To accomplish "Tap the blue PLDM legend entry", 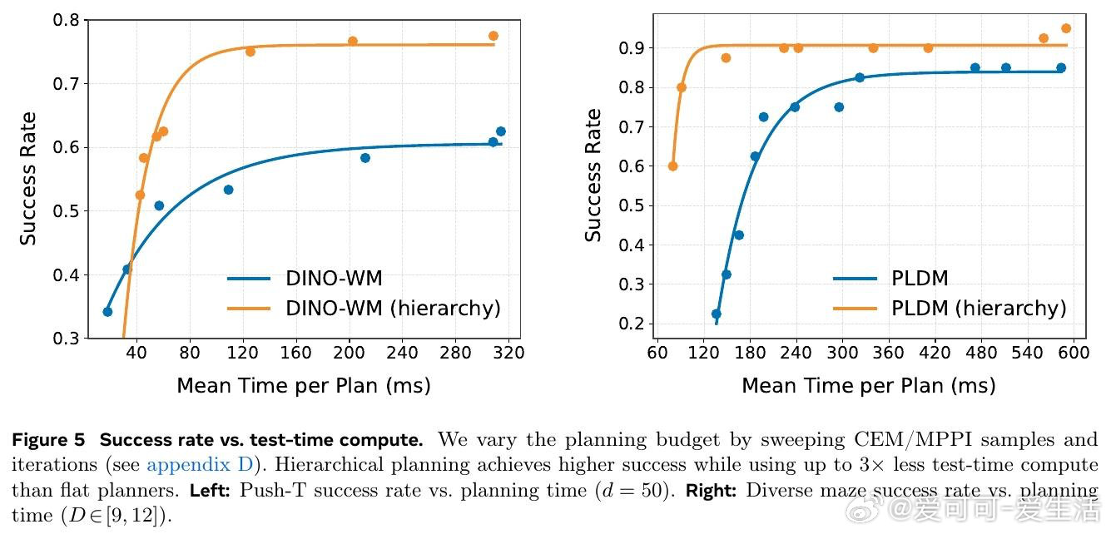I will pyautogui.click(x=920, y=278).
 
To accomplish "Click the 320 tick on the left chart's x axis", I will pyautogui.click(x=508, y=353).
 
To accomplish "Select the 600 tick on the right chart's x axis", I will pyautogui.click(x=1074, y=353).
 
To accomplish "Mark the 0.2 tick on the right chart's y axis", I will pyautogui.click(x=631, y=324).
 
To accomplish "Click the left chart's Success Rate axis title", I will pyautogui.click(x=28, y=178).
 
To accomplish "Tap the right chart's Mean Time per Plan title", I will pyautogui.click(x=868, y=386).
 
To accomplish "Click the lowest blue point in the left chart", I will pyautogui.click(x=107, y=312).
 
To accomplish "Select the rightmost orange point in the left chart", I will pyautogui.click(x=494, y=36).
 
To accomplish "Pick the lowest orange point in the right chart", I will pyautogui.click(x=672, y=166).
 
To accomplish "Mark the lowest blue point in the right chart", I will pyautogui.click(x=716, y=314).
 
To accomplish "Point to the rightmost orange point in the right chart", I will pyautogui.click(x=1066, y=28).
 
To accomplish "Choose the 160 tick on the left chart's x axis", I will pyautogui.click(x=295, y=353).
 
